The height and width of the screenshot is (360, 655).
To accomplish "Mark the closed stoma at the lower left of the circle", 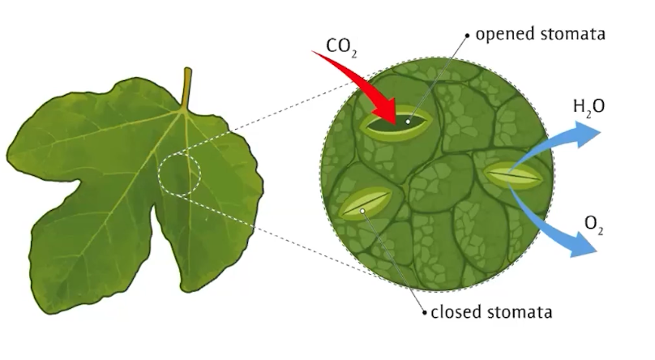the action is point(363,206).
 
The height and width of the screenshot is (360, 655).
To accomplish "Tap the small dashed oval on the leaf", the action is point(179,173).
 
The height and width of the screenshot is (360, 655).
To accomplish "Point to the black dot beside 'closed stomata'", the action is point(424,311).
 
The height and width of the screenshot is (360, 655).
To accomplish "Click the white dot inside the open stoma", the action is point(409,122).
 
